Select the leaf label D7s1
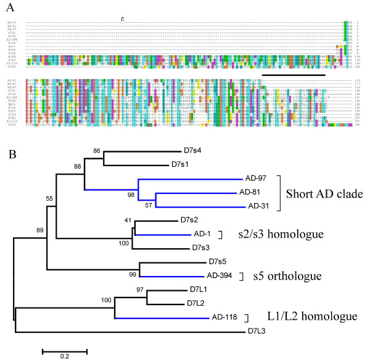tap(181, 165)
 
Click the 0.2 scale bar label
tap(65, 355)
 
